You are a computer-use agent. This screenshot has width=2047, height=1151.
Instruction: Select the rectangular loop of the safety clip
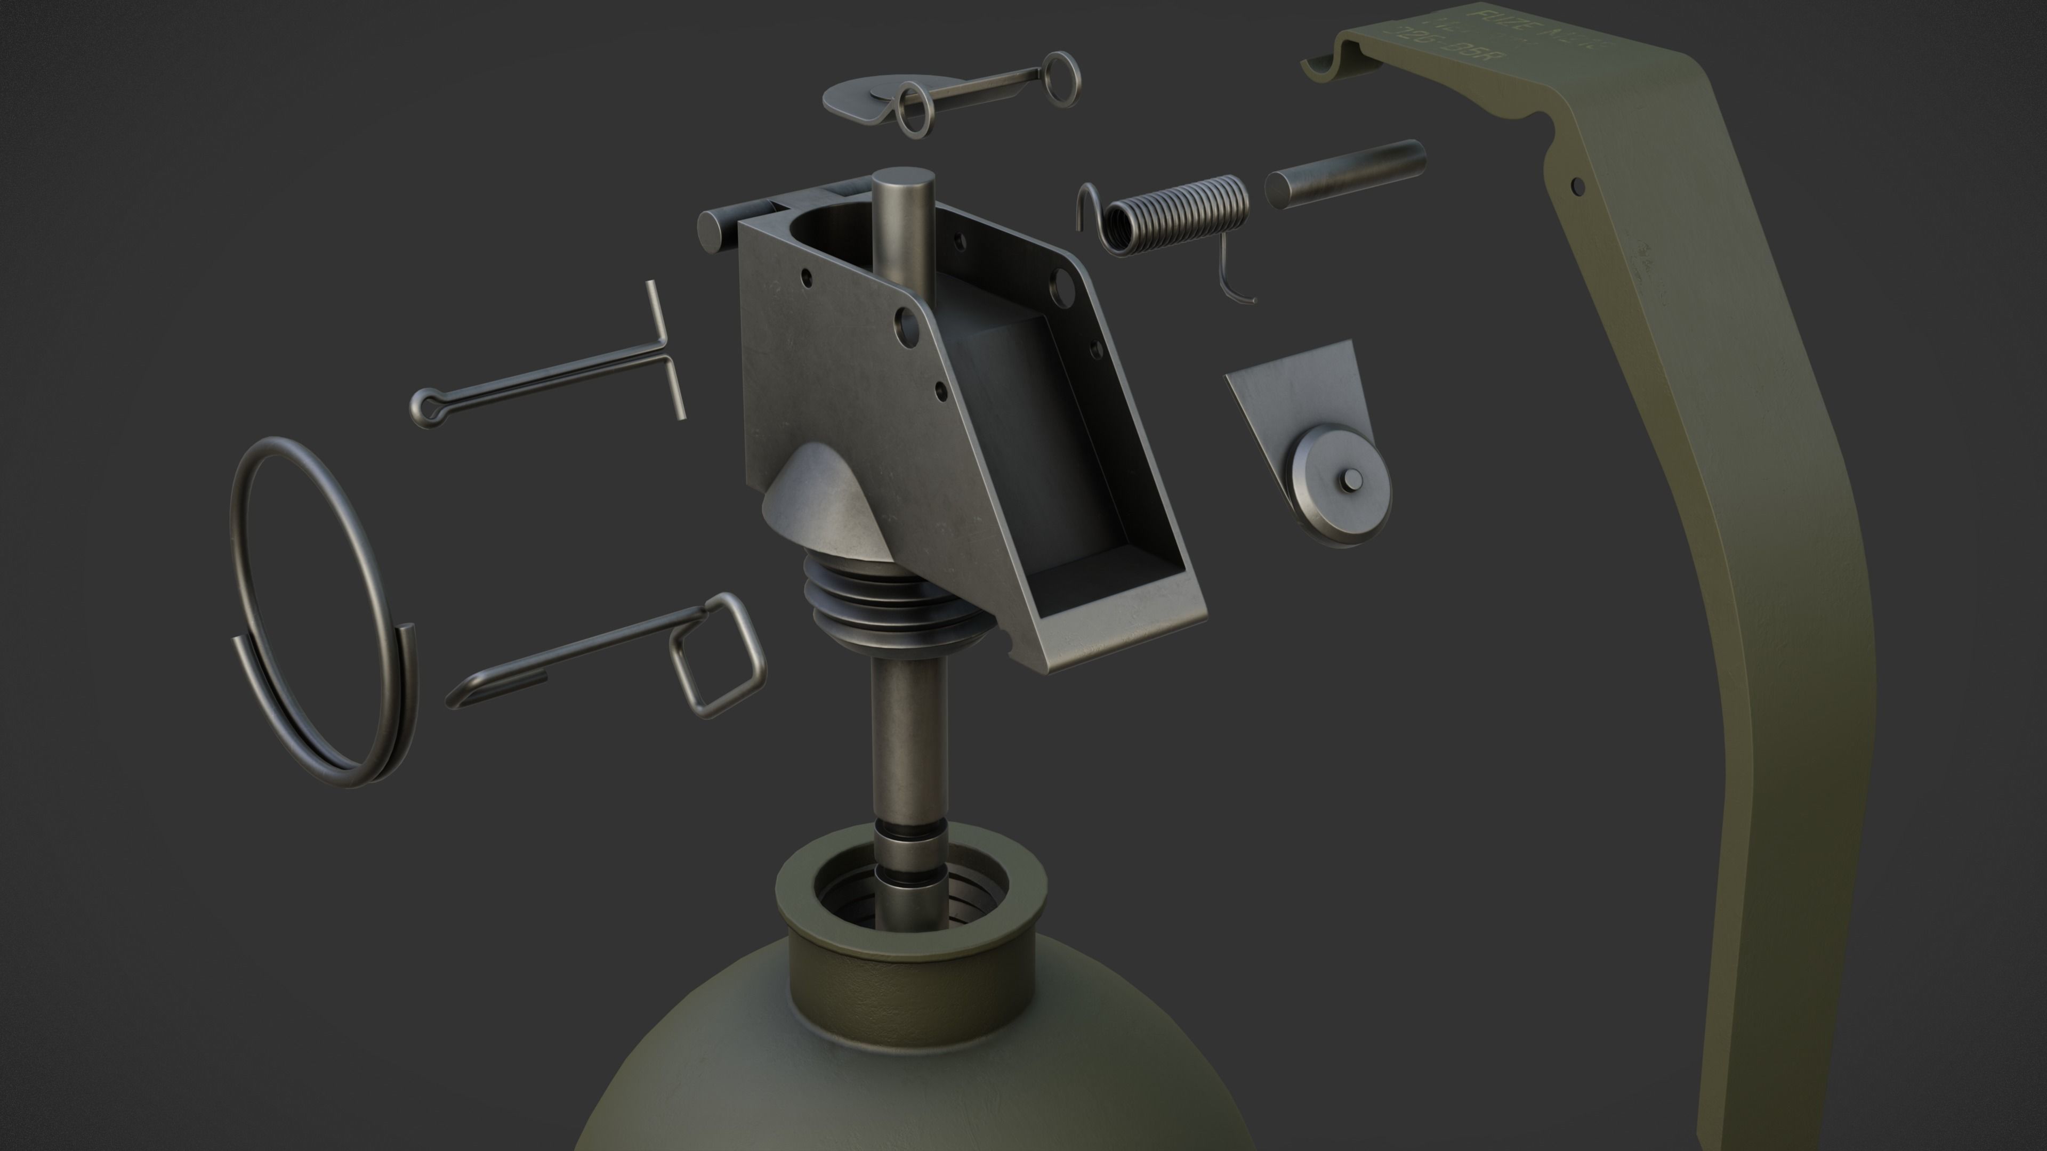click(718, 655)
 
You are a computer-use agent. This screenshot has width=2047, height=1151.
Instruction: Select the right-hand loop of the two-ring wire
click(1062, 77)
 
